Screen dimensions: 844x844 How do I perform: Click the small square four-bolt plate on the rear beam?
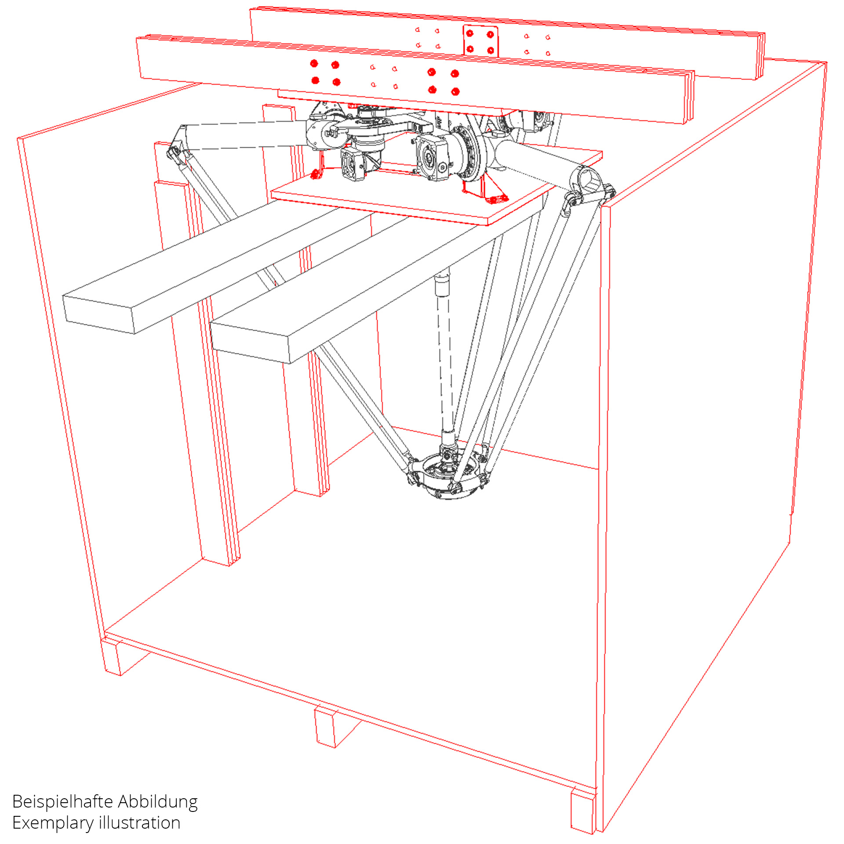(x=480, y=41)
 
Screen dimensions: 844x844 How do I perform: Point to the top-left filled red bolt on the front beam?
(x=314, y=64)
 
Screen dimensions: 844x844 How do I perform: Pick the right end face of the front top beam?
(x=688, y=96)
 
